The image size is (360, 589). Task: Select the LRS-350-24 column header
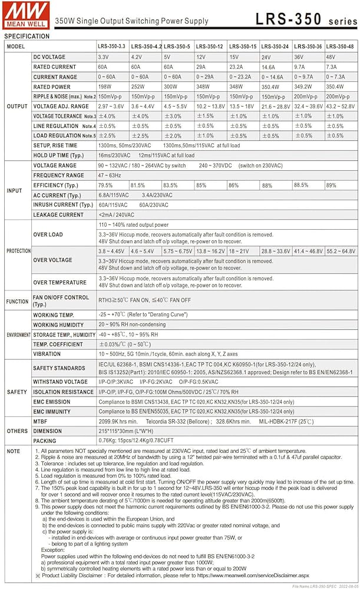(x=275, y=47)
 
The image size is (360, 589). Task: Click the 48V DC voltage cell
(x=331, y=57)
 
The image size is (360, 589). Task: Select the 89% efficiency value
(x=331, y=186)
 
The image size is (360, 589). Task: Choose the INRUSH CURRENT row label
(x=62, y=205)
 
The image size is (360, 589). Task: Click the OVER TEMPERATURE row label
(x=60, y=283)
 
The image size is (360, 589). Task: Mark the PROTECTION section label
(x=18, y=252)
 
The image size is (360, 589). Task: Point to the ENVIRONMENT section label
(x=18, y=335)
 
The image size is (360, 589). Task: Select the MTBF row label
(x=42, y=422)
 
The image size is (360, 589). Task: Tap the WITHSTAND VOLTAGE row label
(x=60, y=382)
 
